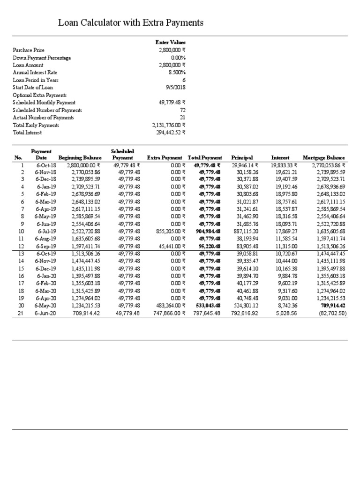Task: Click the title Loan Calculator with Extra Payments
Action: [130, 22]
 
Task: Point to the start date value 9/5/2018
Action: [176, 87]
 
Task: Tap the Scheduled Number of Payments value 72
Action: [183, 110]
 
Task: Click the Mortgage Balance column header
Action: [324, 158]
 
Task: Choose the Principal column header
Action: [242, 158]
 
